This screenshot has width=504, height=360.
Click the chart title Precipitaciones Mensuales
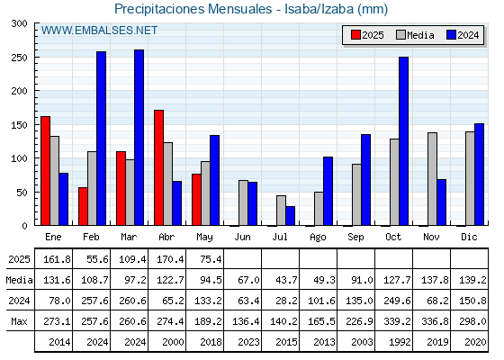click(193, 9)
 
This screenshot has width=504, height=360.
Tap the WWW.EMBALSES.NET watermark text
click(99, 31)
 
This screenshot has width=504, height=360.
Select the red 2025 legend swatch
click(355, 35)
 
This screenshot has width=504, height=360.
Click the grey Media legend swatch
click(400, 35)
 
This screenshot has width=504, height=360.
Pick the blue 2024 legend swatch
click(451, 35)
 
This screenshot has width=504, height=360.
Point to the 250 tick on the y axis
click(19, 58)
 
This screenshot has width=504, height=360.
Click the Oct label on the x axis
click(393, 238)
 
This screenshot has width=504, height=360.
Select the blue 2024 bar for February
click(101, 139)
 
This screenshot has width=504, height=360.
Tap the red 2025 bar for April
click(158, 167)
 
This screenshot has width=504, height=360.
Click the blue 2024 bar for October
click(404, 141)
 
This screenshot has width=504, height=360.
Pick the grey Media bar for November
click(432, 179)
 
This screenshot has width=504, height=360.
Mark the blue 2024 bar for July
click(290, 216)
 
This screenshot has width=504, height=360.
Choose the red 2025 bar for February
click(83, 206)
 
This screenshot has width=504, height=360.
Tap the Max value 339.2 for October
click(397, 321)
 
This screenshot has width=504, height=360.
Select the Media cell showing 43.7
click(286, 280)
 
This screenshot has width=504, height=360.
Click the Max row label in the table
click(19, 321)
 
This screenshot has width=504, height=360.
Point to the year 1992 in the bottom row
click(400, 342)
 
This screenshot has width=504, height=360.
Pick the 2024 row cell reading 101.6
click(321, 301)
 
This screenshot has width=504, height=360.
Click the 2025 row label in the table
click(19, 259)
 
